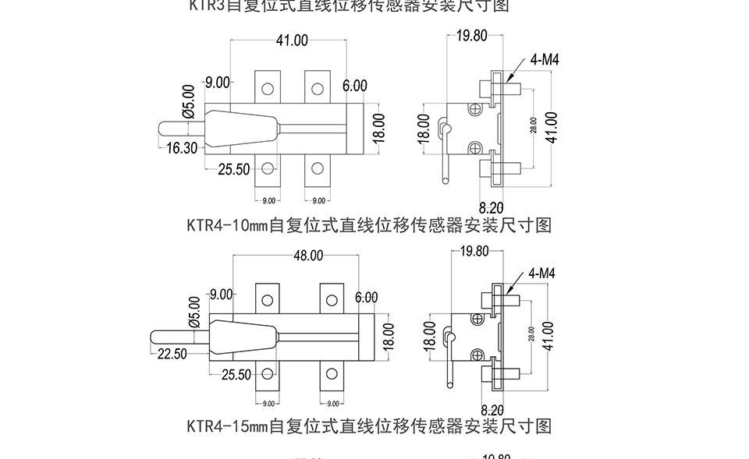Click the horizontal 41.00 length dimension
pyautogui.click(x=291, y=41)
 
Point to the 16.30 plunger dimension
pyautogui.click(x=182, y=149)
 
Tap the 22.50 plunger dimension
pyautogui.click(x=172, y=354)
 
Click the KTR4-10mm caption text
pyautogui.click(x=369, y=225)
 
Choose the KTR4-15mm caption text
pyautogui.click(x=369, y=426)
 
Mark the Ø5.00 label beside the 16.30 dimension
pyautogui.click(x=188, y=101)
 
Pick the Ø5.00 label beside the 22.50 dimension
pyautogui.click(x=193, y=311)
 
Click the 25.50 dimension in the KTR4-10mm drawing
pyautogui.click(x=233, y=169)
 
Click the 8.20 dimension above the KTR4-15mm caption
pyautogui.click(x=492, y=410)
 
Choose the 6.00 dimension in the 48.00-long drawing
pyautogui.click(x=365, y=298)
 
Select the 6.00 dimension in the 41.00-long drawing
pyautogui.click(x=354, y=85)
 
